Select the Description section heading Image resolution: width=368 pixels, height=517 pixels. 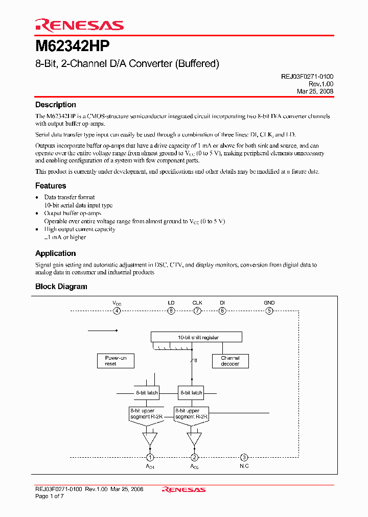(x=55, y=105)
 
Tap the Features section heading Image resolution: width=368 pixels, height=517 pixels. (x=51, y=186)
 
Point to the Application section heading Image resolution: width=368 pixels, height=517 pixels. (x=55, y=253)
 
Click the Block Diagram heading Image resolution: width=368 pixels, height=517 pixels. (x=61, y=287)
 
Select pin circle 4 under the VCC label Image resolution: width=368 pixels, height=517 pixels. (x=117, y=311)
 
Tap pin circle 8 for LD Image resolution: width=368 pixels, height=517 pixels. (x=171, y=311)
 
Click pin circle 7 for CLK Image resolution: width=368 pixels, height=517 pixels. (x=197, y=311)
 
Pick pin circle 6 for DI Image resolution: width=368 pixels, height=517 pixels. (x=222, y=311)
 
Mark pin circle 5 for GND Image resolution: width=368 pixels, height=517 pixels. (x=269, y=311)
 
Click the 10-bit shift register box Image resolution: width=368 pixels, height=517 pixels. (x=196, y=337)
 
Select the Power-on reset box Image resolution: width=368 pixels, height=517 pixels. (x=116, y=361)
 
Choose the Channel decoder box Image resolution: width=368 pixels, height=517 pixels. (x=230, y=361)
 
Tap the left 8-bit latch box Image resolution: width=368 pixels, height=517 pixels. (x=147, y=393)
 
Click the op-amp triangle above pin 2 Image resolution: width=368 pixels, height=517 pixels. (x=194, y=438)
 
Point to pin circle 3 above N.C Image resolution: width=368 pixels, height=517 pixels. (x=244, y=457)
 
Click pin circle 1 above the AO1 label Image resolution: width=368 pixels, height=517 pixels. (x=150, y=457)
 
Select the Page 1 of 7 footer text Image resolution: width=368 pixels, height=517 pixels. (x=50, y=496)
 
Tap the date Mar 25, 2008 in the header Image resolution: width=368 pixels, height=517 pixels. (x=315, y=91)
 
